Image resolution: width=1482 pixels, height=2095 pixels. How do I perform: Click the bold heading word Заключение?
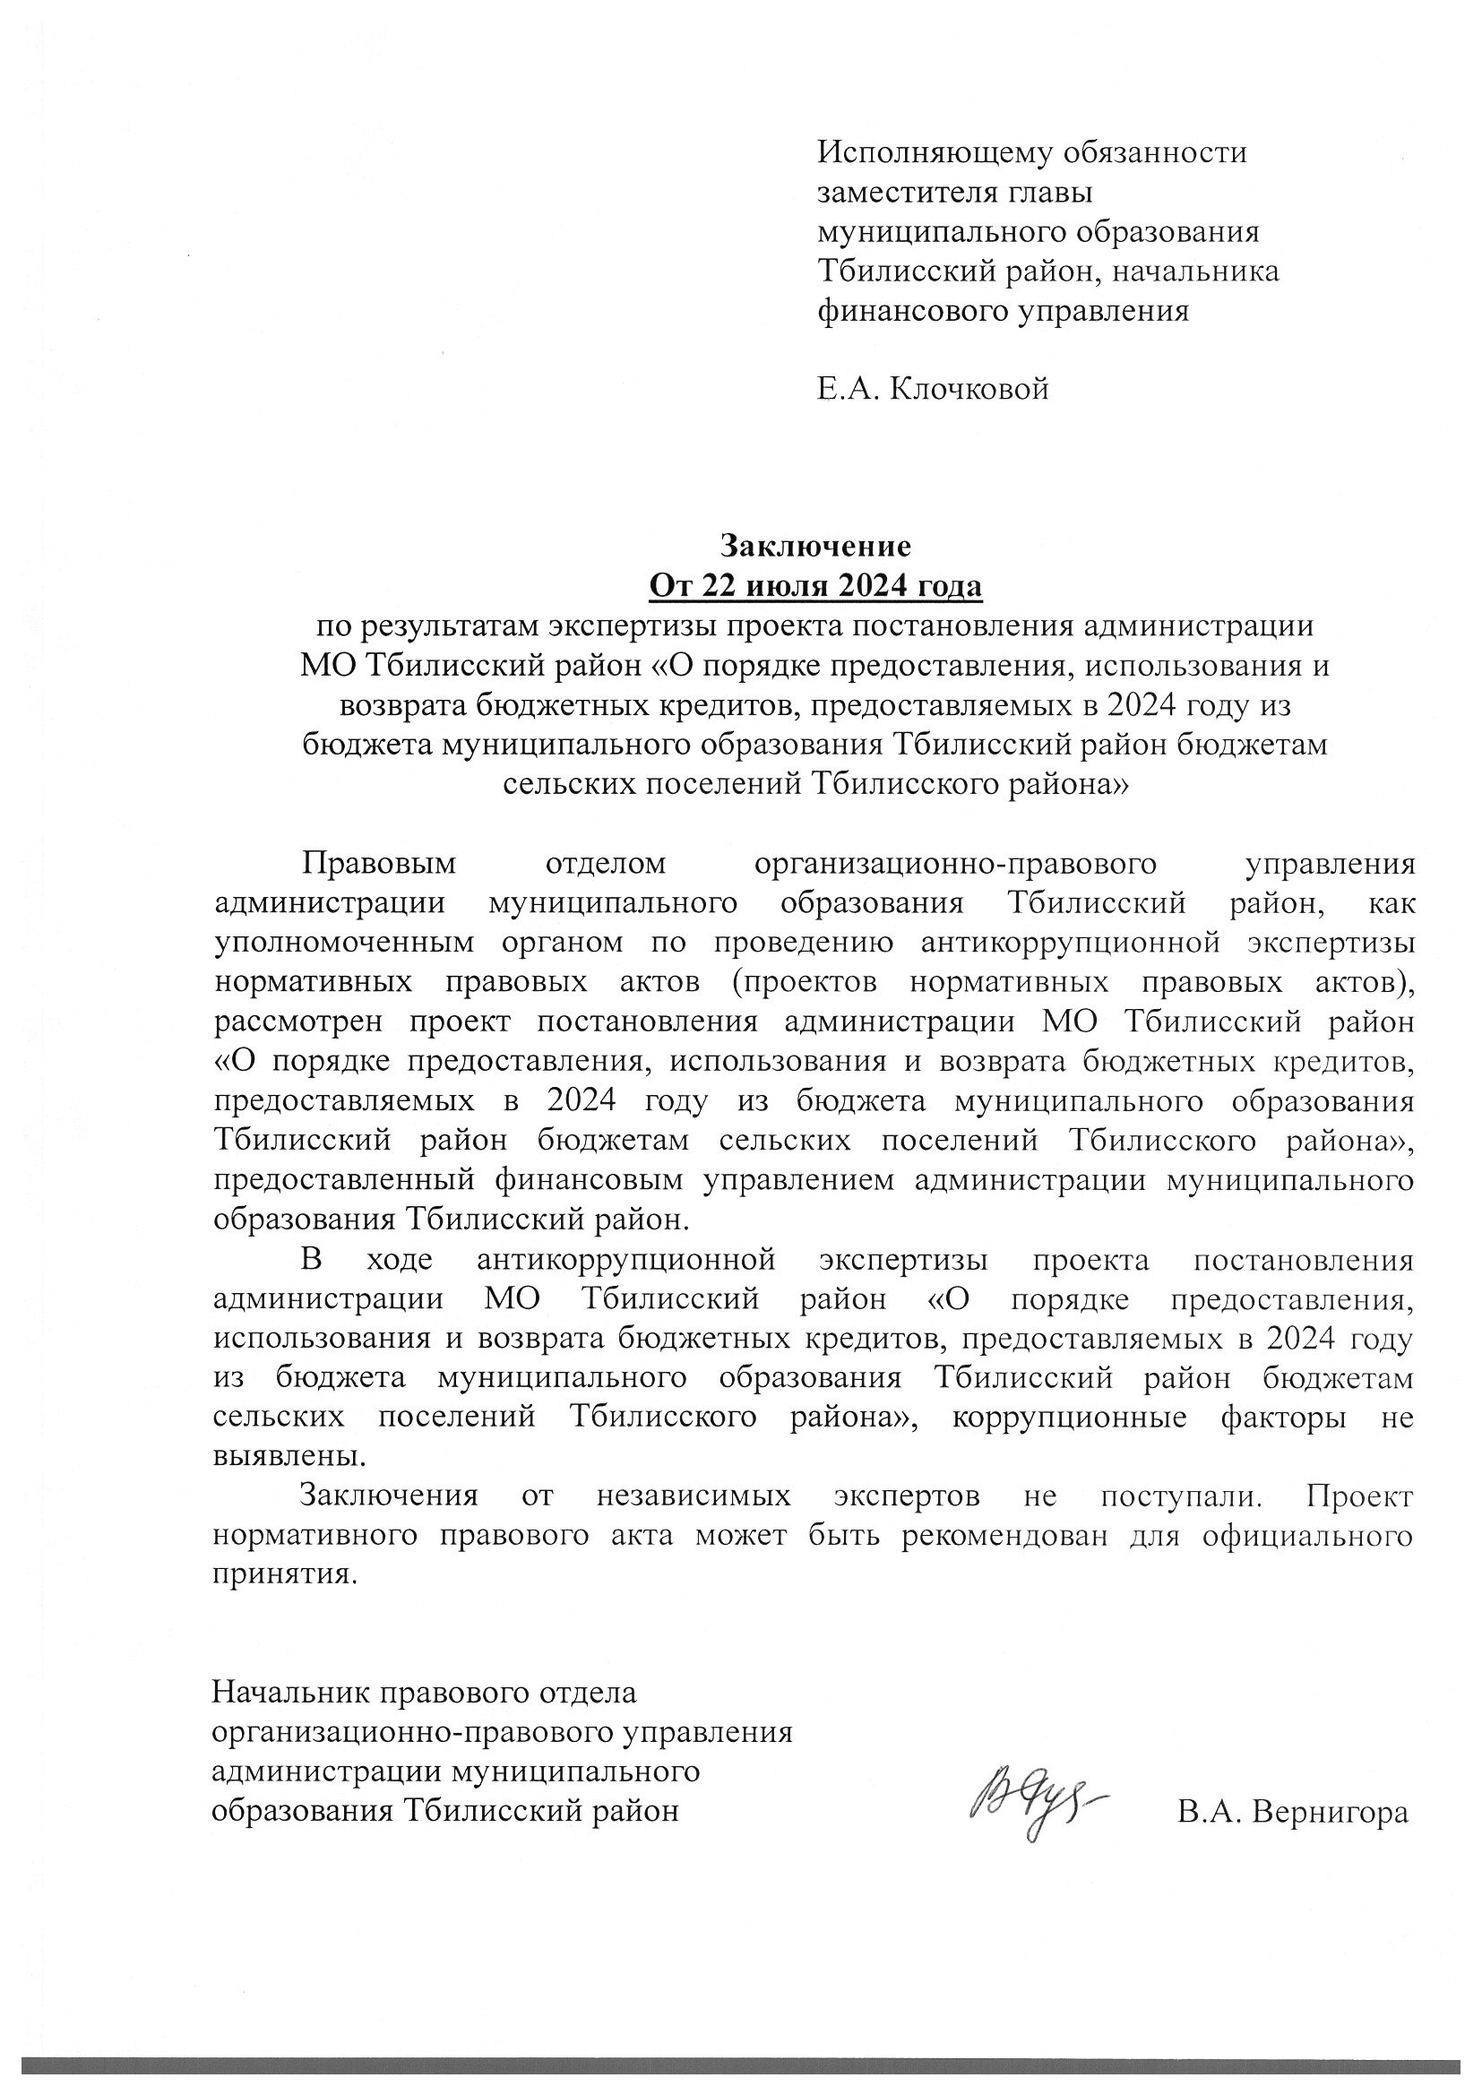point(816,546)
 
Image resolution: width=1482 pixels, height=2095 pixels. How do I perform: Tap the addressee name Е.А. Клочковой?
point(933,390)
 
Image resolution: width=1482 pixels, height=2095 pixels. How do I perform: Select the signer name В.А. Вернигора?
point(1292,1811)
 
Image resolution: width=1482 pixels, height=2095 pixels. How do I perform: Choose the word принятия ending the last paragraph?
point(283,1576)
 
